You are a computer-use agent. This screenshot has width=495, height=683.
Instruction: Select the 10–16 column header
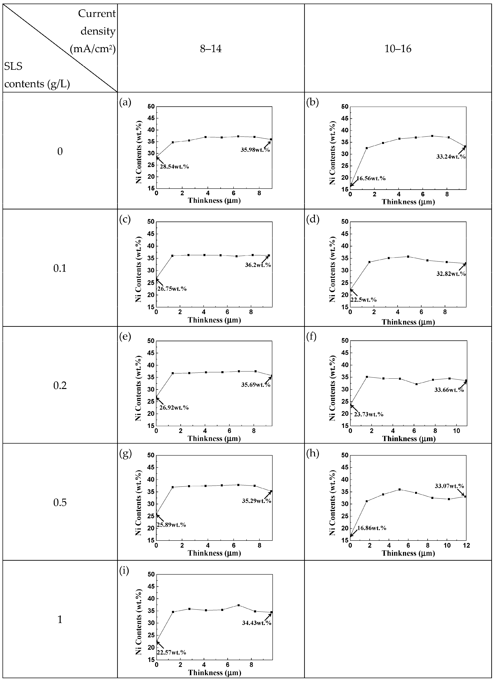click(398, 48)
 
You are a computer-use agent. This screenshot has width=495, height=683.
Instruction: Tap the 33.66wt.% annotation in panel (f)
click(449, 390)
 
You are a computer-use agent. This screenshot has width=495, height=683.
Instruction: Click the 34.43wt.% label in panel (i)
click(257, 623)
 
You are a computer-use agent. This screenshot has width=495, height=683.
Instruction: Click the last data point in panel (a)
click(271, 139)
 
